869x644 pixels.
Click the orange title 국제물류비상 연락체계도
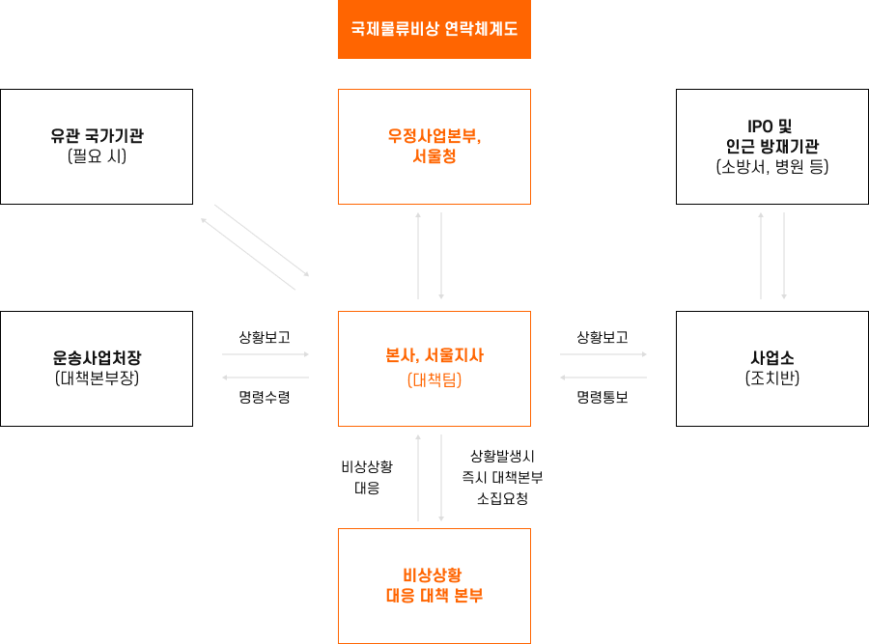pyautogui.click(x=434, y=29)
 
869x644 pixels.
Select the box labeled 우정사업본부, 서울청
pyautogui.click(x=434, y=146)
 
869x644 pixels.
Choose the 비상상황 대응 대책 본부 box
pyautogui.click(x=434, y=585)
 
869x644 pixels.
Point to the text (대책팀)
pyautogui.click(x=434, y=380)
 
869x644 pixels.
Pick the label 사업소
pyautogui.click(x=772, y=357)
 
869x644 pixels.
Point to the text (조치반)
pyautogui.click(x=772, y=378)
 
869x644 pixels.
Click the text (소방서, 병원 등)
pyautogui.click(x=772, y=167)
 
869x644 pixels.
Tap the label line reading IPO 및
pyautogui.click(x=772, y=126)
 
